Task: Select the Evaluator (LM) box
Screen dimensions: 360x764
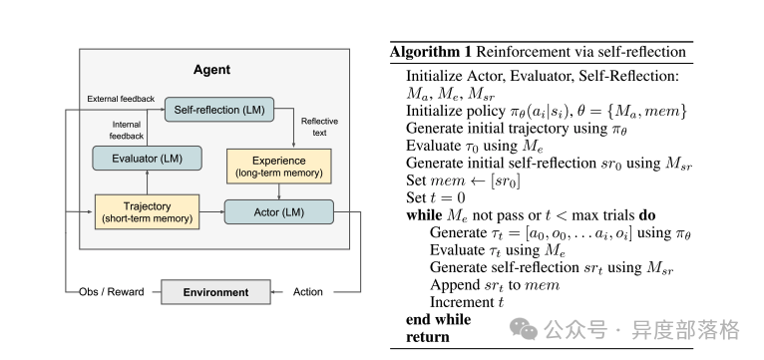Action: pyautogui.click(x=147, y=158)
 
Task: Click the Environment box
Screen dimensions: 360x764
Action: pyautogui.click(x=215, y=292)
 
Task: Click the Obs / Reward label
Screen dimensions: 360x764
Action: pyautogui.click(x=112, y=292)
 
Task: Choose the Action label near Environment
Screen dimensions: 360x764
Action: pyautogui.click(x=308, y=292)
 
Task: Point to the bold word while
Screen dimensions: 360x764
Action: pyautogui.click(x=427, y=214)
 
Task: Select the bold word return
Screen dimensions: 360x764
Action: pyautogui.click(x=428, y=337)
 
